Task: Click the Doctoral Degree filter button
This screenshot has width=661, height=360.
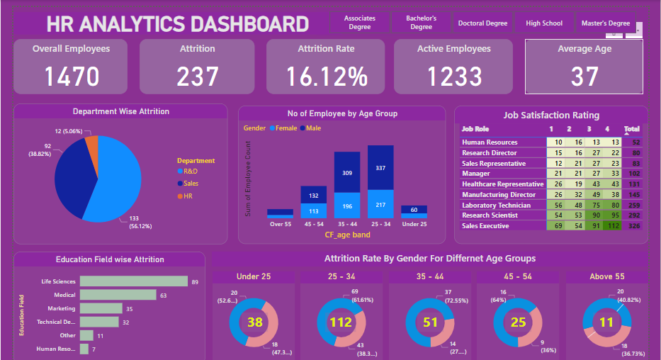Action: [482, 23]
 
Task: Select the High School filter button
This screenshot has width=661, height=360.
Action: [544, 23]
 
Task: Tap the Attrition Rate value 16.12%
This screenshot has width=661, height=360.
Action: [327, 77]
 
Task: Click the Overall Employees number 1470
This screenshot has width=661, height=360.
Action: [71, 77]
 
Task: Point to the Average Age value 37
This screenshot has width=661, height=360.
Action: [584, 77]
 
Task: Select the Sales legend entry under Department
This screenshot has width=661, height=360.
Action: [191, 184]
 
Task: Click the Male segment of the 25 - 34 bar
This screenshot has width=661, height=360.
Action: [380, 168]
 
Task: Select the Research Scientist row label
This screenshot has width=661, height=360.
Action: [490, 215]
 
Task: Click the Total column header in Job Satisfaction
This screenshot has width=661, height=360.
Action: [631, 130]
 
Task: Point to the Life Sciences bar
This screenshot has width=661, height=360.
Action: [134, 281]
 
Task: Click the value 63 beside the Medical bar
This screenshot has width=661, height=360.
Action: [163, 295]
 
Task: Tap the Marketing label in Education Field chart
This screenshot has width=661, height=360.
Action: [62, 308]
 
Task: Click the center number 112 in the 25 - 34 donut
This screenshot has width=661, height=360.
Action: [341, 323]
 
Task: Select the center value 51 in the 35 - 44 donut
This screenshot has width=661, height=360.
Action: [429, 323]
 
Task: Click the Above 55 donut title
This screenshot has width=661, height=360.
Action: [606, 276]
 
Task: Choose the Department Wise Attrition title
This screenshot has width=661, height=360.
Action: [121, 112]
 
